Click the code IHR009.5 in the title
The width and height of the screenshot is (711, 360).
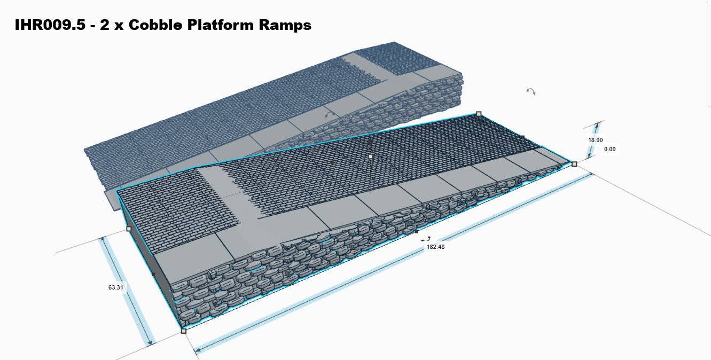pyautogui.click(x=51, y=25)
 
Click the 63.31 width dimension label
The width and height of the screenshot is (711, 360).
pyautogui.click(x=116, y=287)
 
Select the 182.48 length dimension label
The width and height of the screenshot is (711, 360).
pyautogui.click(x=436, y=247)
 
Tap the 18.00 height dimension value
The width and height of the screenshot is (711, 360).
pyautogui.click(x=596, y=140)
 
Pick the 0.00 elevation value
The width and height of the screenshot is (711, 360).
pyautogui.click(x=610, y=149)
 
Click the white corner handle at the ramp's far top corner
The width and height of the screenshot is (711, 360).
pyautogui.click(x=479, y=114)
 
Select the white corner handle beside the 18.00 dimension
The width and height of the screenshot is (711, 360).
pyautogui.click(x=574, y=164)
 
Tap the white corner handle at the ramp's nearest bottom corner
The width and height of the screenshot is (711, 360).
pyautogui.click(x=184, y=331)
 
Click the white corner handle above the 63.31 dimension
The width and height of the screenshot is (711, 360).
pyautogui.click(x=129, y=229)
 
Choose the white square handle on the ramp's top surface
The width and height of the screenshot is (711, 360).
pyautogui.click(x=370, y=156)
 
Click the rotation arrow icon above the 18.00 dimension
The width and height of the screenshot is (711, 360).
pyautogui.click(x=530, y=91)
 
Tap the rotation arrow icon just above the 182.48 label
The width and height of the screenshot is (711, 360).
pyautogui.click(x=426, y=239)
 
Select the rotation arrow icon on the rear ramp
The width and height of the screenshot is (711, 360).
pyautogui.click(x=331, y=114)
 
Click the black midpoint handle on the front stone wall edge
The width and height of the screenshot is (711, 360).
pyautogui.click(x=417, y=232)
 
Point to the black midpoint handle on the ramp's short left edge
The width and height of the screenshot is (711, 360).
pyautogui.click(x=153, y=275)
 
